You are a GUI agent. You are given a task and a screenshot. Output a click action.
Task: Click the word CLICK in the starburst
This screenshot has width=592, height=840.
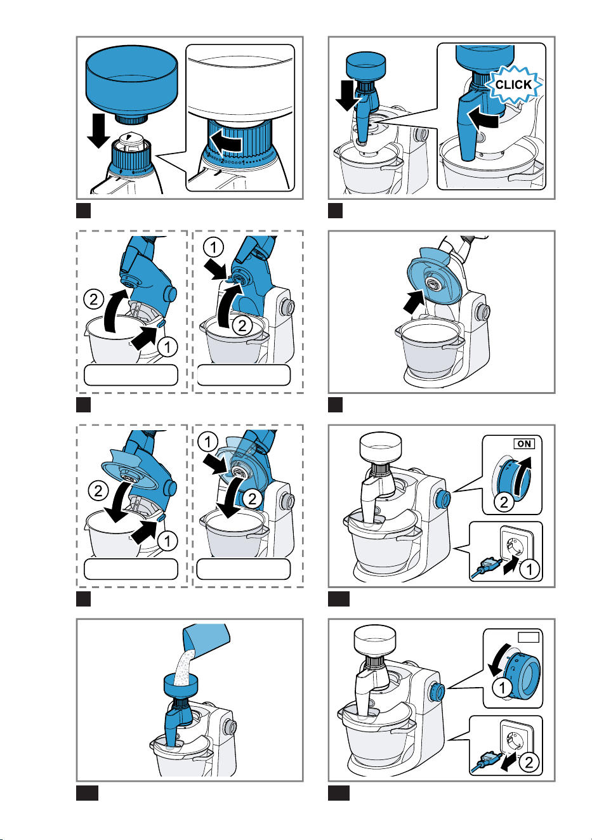(513, 84)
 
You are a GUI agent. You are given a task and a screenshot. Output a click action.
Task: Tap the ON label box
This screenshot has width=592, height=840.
(523, 443)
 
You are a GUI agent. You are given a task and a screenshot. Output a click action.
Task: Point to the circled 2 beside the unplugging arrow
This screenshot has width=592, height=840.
(528, 763)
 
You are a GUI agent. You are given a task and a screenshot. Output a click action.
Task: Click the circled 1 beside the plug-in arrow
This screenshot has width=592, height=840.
(529, 570)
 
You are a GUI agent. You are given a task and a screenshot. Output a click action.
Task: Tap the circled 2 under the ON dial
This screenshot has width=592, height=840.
(504, 502)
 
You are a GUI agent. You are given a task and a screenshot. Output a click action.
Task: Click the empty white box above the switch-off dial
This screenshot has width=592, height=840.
(528, 637)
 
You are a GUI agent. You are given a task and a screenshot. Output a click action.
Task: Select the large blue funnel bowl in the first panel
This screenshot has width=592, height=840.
(131, 84)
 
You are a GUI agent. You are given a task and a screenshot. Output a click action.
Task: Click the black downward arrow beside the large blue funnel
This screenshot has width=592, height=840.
(98, 131)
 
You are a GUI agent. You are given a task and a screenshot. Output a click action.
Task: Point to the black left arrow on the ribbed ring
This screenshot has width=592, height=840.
(225, 141)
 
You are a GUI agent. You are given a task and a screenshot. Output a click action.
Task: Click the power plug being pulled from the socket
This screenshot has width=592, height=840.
(489, 761)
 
